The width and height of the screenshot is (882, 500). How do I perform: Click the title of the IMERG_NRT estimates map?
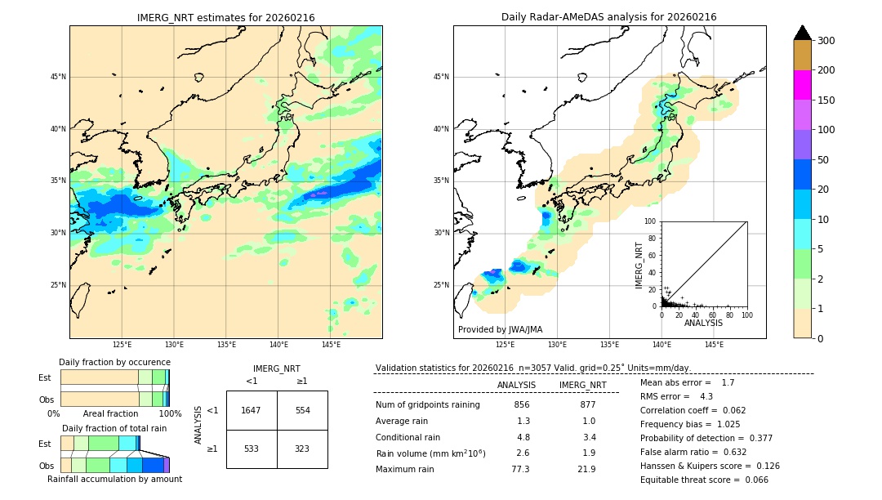(x=225, y=17)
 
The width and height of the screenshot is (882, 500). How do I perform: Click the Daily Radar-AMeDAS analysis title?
(x=609, y=17)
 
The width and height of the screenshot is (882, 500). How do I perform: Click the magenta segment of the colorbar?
(x=802, y=85)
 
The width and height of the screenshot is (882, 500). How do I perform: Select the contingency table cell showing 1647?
(x=252, y=410)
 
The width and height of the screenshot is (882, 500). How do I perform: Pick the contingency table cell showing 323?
(x=302, y=449)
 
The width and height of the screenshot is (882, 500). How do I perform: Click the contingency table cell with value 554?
(x=302, y=410)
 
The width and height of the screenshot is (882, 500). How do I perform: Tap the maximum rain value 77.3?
(x=520, y=469)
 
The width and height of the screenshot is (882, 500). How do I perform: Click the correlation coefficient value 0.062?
(x=728, y=410)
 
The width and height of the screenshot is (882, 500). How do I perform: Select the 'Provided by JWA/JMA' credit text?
(x=500, y=329)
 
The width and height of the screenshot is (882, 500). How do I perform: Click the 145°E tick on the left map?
(x=331, y=345)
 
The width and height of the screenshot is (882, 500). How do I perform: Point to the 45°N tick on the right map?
(x=441, y=77)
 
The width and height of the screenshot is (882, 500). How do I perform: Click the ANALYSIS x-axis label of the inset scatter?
(x=703, y=323)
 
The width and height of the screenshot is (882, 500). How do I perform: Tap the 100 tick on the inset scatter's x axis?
(x=746, y=315)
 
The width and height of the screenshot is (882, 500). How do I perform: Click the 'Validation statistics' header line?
(x=532, y=368)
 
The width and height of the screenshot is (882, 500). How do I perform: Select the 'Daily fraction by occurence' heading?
(x=114, y=362)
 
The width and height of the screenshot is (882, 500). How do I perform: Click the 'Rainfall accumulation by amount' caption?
(x=114, y=479)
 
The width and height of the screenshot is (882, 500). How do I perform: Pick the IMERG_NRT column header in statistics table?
(x=582, y=385)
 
